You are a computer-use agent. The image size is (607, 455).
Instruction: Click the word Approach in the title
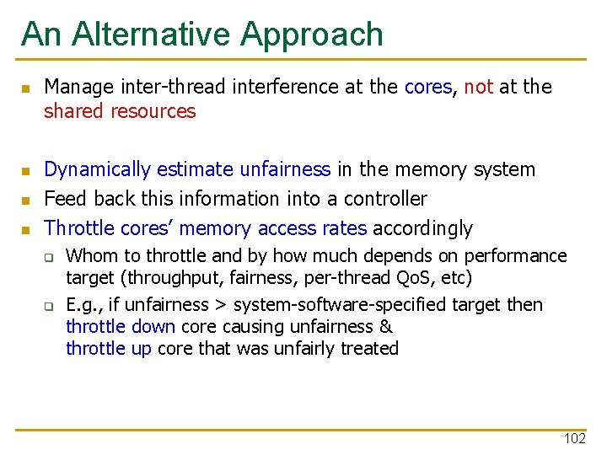point(312,35)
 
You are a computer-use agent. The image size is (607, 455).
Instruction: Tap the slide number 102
point(574,439)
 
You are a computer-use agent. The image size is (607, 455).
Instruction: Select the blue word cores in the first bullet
point(428,87)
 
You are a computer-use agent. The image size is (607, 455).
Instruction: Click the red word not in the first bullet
point(478,87)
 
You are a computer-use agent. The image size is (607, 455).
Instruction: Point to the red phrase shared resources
point(120,111)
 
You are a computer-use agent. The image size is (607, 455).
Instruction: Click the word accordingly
point(422,228)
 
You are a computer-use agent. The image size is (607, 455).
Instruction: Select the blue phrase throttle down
point(121,327)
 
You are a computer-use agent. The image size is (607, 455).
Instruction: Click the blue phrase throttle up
point(109,349)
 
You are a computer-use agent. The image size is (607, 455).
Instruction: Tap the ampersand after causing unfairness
point(386,327)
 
